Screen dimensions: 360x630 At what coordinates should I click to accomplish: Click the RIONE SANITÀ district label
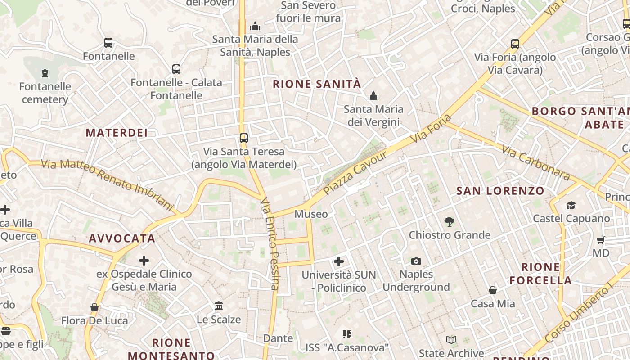tap(317, 84)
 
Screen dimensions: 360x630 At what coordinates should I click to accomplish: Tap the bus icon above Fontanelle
tap(108, 43)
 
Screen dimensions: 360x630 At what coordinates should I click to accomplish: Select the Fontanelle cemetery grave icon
tap(45, 73)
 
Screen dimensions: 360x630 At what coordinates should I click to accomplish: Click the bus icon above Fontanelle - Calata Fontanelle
tap(176, 69)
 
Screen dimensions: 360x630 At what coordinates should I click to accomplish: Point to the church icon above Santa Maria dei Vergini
tap(373, 96)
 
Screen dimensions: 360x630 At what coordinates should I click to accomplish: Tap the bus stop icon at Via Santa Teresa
tap(243, 138)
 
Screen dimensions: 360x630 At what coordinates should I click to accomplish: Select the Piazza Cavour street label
tap(355, 173)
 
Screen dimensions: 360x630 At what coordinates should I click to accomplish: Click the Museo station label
tap(311, 214)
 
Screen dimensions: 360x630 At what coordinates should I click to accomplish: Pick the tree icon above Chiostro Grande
tap(449, 221)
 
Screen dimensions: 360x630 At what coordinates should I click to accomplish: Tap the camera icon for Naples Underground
tap(416, 261)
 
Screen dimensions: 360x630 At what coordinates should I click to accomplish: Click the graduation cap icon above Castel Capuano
tap(571, 206)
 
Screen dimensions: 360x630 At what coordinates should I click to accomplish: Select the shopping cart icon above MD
tap(600, 240)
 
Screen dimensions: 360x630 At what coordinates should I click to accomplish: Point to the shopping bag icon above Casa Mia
tap(493, 290)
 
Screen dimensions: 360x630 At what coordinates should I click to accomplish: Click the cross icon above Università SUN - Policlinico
tap(339, 261)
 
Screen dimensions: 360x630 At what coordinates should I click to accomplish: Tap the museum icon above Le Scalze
tap(219, 306)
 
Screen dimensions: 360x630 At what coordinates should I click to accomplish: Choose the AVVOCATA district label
tap(122, 238)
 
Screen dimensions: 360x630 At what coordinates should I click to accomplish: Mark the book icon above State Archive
tap(451, 340)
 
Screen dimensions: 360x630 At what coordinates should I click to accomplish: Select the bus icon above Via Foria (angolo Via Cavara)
tap(515, 44)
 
